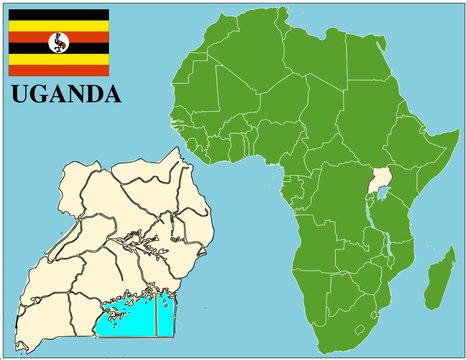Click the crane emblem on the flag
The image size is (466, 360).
(x=59, y=43)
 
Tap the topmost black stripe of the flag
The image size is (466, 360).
(x=59, y=15)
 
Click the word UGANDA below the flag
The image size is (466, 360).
(x=65, y=95)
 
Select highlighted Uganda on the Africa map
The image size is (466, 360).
(x=379, y=182)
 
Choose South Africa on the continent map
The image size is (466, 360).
(x=345, y=320)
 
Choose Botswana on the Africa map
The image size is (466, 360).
(x=345, y=285)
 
